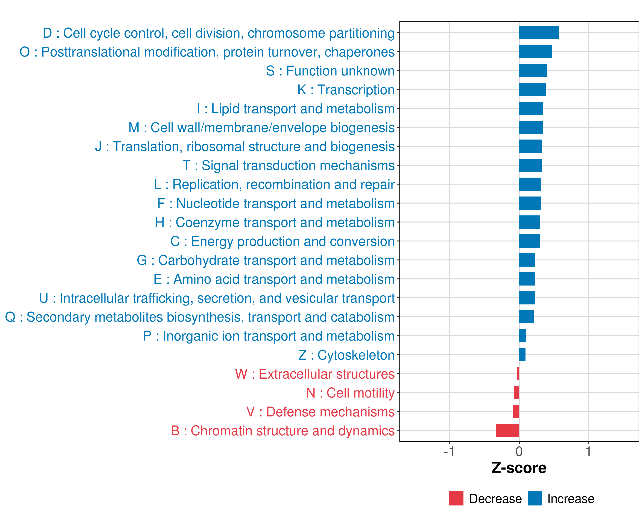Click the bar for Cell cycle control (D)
(x=539, y=33)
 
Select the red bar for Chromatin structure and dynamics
(x=507, y=430)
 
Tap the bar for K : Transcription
(x=533, y=89)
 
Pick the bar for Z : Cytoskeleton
(x=522, y=355)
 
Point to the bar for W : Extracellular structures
(x=518, y=374)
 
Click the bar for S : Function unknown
(x=533, y=71)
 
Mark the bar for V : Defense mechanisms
(x=516, y=412)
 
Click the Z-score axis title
(x=519, y=468)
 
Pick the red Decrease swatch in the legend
(x=456, y=498)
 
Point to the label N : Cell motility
(x=350, y=393)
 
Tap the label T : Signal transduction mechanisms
(x=289, y=165)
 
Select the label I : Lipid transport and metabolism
(x=296, y=109)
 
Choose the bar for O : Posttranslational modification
(x=535, y=51)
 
